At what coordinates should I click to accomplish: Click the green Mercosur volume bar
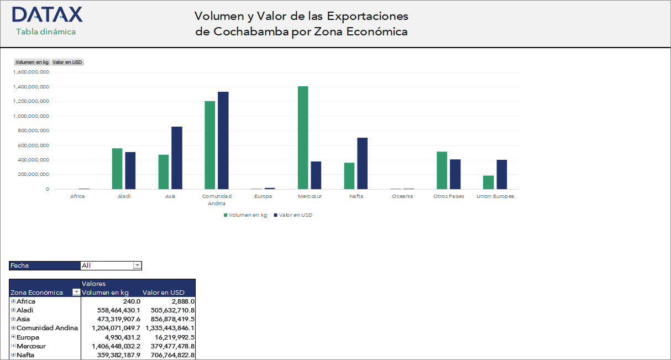(303, 138)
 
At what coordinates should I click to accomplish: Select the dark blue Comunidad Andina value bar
(223, 140)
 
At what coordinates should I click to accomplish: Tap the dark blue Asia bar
(177, 158)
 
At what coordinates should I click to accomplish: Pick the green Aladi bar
(117, 169)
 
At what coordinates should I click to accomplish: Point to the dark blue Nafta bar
(362, 163)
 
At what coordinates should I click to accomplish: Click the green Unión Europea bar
(489, 182)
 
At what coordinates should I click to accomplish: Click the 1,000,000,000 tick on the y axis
(32, 116)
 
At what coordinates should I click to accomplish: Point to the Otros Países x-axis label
(449, 196)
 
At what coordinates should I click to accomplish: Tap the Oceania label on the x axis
(402, 196)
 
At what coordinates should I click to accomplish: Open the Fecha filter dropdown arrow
(138, 265)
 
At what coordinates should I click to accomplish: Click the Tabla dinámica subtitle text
(46, 32)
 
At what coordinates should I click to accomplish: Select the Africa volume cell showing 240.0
(132, 301)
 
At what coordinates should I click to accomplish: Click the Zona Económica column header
(37, 293)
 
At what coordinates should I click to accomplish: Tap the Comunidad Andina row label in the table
(47, 328)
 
